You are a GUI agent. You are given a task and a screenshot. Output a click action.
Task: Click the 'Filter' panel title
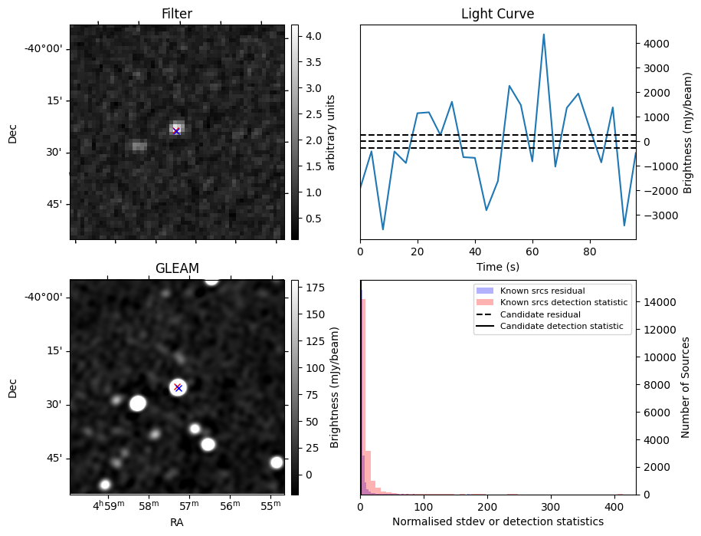tap(176, 14)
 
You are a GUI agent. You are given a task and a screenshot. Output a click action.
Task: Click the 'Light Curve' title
tap(497, 14)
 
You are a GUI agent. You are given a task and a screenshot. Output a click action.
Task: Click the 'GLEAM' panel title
tap(176, 268)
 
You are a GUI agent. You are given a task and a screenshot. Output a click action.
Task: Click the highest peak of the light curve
tap(544, 35)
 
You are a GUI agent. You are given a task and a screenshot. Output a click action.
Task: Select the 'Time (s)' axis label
tap(497, 265)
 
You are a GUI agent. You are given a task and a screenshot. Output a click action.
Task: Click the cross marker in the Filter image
tap(176, 131)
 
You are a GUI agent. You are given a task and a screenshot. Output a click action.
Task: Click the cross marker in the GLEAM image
tap(178, 387)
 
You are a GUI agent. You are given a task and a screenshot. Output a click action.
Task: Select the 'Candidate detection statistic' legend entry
tap(563, 327)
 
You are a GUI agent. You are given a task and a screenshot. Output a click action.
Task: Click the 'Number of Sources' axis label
tap(686, 387)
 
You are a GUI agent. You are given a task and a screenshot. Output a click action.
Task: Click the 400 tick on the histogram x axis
tap(614, 507)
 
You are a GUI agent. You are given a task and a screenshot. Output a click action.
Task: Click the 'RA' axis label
tap(176, 521)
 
